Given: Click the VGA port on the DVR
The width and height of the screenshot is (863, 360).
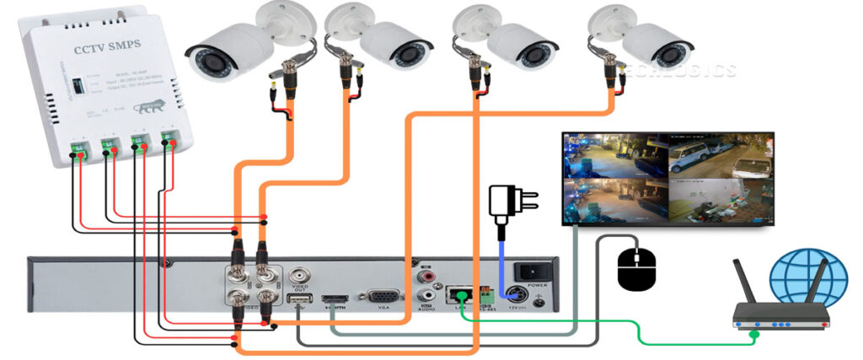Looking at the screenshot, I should coord(384,297).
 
